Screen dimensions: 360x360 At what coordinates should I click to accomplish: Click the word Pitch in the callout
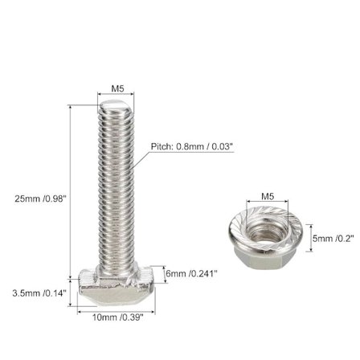tap(161, 147)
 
